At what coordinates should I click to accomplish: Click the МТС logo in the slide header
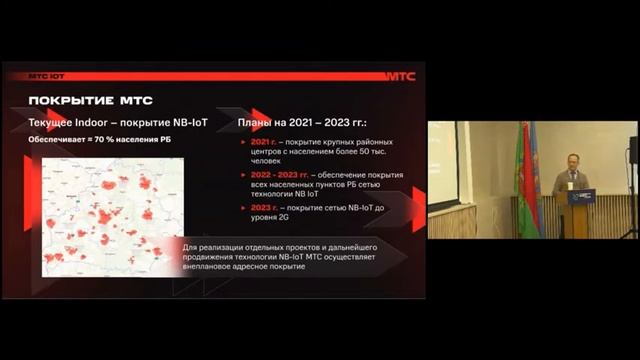(400, 76)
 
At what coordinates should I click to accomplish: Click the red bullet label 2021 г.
(264, 143)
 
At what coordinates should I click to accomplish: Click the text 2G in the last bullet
(294, 216)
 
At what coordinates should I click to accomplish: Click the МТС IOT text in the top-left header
(45, 76)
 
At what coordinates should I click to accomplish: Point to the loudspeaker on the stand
(633, 150)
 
